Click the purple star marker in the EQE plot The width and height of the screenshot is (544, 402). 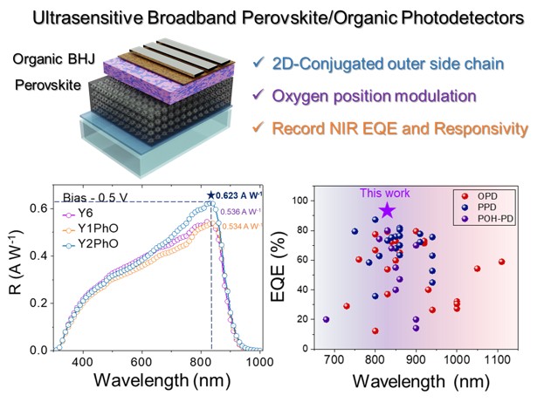[x=387, y=210]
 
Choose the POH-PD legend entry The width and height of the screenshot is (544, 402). [x=497, y=217]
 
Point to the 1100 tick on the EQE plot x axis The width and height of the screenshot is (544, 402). [x=498, y=361]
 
